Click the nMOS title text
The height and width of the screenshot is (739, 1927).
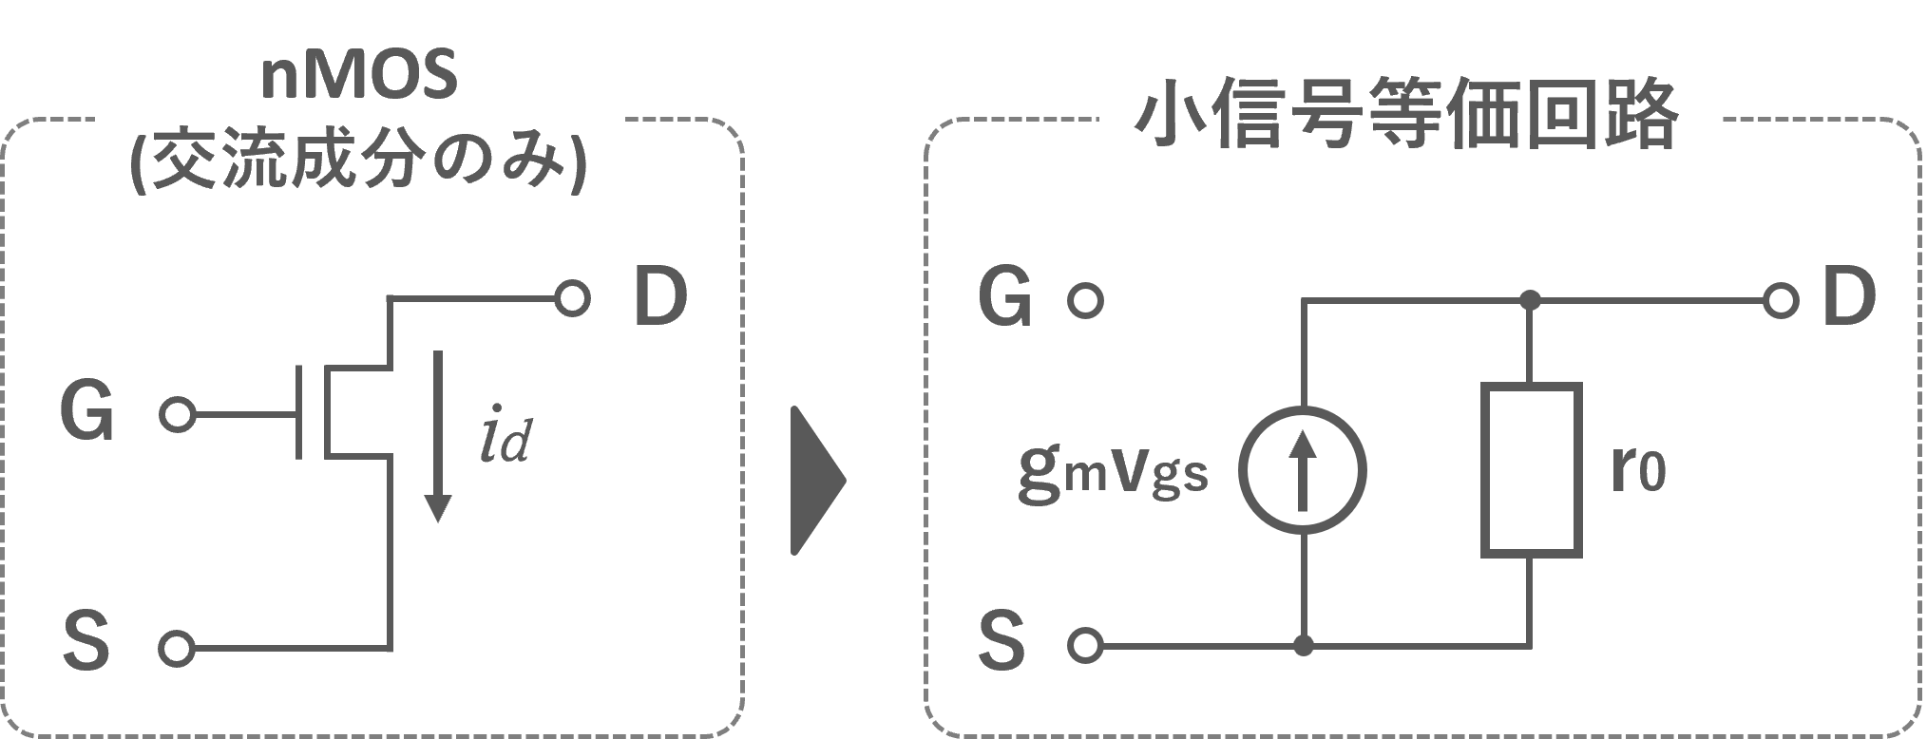[x=358, y=78]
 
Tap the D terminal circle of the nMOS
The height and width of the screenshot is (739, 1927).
[x=572, y=299]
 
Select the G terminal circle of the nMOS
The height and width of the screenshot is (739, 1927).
[x=177, y=416]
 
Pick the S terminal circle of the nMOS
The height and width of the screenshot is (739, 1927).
[x=175, y=649]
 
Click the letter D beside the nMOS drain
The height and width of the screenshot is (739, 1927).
[x=659, y=297]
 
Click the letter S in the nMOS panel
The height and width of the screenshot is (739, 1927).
[x=87, y=641]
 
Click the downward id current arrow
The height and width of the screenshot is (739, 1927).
[x=437, y=437]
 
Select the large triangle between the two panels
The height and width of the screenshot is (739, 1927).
[x=816, y=482]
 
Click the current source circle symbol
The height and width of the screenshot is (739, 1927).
[x=1305, y=470]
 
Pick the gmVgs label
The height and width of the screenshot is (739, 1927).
[x=1113, y=472]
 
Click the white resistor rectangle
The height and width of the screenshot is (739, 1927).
[x=1532, y=470]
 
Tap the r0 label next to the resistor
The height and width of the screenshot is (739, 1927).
[x=1638, y=472]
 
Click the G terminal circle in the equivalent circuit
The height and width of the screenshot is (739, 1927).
[x=1085, y=301]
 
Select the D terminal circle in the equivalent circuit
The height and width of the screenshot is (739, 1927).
[x=1779, y=301]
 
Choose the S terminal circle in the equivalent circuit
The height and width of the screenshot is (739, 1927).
[x=1084, y=646]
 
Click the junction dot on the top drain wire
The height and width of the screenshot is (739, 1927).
[x=1531, y=301]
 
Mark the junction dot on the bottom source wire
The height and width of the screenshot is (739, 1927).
[x=1306, y=647]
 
